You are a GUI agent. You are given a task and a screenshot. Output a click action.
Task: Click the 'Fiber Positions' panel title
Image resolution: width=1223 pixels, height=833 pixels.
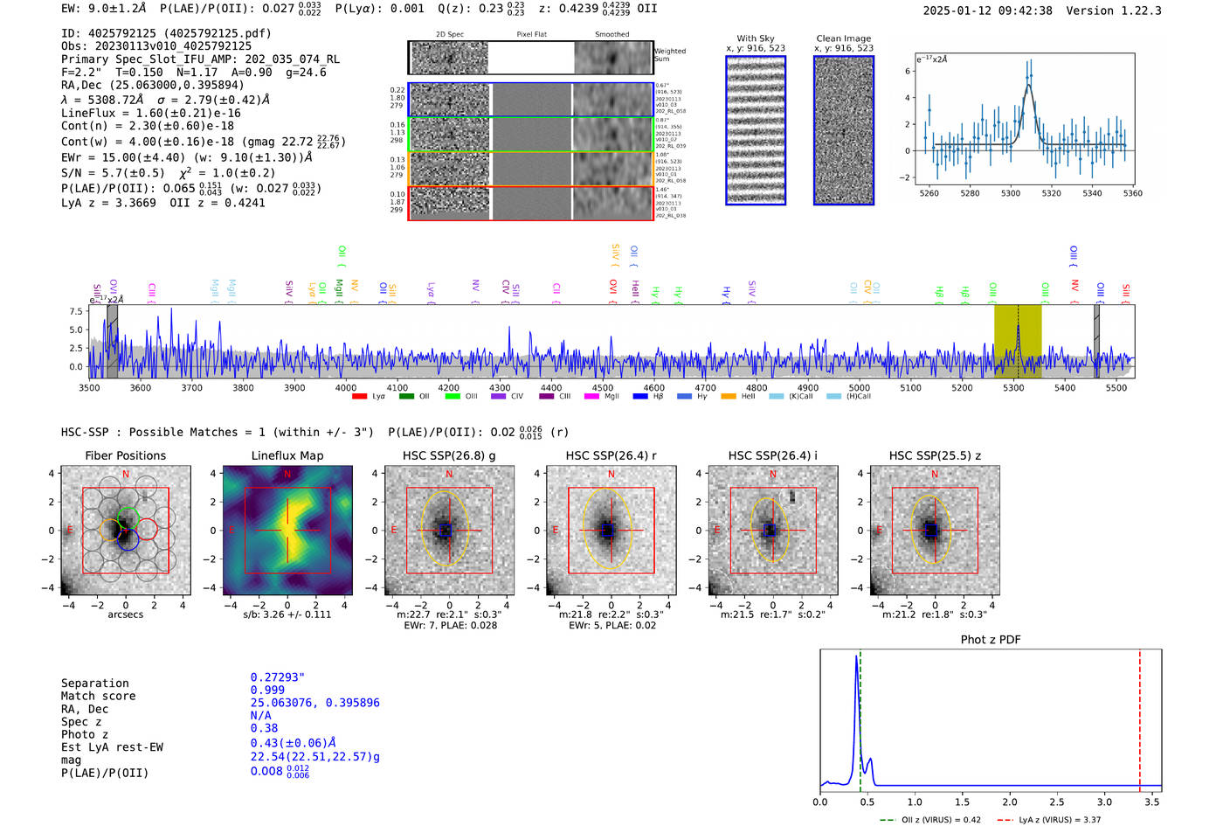click(125, 455)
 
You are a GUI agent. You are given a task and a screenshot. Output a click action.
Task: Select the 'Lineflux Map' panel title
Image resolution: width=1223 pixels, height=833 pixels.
click(287, 455)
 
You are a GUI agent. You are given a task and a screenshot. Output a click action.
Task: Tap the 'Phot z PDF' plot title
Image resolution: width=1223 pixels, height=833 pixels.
click(990, 640)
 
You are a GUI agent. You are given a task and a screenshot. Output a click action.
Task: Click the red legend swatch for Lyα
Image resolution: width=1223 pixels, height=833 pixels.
click(359, 397)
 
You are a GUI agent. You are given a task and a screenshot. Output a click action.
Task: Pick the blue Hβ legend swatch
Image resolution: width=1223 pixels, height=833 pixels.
click(640, 397)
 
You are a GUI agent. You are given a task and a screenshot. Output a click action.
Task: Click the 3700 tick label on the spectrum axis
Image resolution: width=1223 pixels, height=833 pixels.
click(191, 387)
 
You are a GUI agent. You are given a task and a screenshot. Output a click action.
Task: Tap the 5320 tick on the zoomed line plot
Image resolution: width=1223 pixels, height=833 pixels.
click(1051, 193)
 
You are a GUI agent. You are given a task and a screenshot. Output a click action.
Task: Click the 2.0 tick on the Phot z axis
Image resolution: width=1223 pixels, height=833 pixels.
click(1010, 802)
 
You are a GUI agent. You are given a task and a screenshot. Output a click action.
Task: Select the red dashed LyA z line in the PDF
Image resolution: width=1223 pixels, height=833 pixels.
click(1139, 717)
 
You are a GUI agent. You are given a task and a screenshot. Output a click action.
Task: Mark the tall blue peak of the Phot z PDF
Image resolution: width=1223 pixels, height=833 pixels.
click(856, 657)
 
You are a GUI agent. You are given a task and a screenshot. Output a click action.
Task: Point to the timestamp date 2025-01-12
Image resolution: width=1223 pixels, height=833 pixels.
click(957, 10)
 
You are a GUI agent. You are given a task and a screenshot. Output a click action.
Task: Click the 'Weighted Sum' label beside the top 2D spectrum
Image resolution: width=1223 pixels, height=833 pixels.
click(670, 55)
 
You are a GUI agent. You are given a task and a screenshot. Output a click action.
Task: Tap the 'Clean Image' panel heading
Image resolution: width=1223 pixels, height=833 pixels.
click(843, 38)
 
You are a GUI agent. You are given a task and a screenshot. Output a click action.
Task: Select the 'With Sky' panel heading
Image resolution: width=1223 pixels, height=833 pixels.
click(755, 38)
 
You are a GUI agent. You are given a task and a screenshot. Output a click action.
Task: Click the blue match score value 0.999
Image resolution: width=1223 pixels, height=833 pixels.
click(267, 690)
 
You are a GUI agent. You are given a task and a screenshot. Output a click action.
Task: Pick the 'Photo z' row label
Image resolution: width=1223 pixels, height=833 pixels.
click(84, 734)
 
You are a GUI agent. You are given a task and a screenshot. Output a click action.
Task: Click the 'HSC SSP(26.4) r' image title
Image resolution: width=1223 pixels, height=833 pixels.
click(611, 455)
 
